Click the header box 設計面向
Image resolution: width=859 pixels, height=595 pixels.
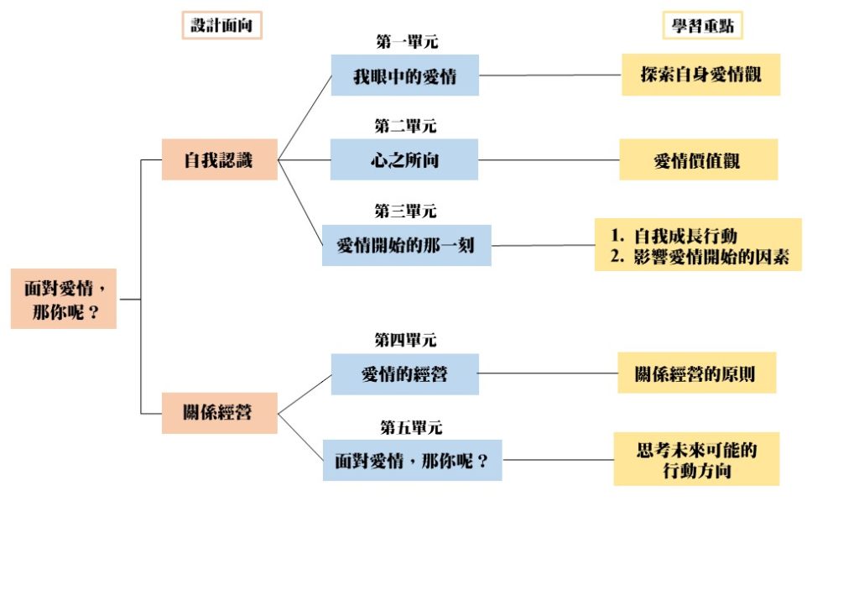click(221, 25)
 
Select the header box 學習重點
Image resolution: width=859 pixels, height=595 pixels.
click(702, 25)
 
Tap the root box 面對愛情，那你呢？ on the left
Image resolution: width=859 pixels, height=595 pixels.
click(64, 299)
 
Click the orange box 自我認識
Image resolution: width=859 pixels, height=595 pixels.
click(219, 159)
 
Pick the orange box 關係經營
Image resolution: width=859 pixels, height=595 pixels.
click(219, 413)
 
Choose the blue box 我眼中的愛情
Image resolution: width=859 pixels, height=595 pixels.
click(405, 75)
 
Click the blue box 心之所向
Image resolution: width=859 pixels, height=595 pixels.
click(404, 159)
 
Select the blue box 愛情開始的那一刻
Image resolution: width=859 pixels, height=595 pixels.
click(407, 245)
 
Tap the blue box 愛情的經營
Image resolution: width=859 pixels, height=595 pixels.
click(405, 374)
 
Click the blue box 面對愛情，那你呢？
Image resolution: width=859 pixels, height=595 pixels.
click(412, 460)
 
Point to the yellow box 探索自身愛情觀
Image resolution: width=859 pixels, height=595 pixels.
click(700, 75)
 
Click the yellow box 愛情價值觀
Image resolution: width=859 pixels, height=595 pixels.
click(699, 159)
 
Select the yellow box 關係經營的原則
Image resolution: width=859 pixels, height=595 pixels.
click(697, 373)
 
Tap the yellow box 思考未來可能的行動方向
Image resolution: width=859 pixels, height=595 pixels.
click(696, 459)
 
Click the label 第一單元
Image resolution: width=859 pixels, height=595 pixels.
click(407, 42)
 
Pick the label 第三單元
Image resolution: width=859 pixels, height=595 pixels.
click(405, 211)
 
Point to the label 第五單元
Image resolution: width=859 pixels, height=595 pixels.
click(411, 427)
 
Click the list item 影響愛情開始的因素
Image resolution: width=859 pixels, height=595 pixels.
click(711, 257)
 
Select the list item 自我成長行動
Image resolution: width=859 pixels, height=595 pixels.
click(685, 236)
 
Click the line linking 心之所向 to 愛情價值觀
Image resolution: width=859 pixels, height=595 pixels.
click(549, 160)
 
